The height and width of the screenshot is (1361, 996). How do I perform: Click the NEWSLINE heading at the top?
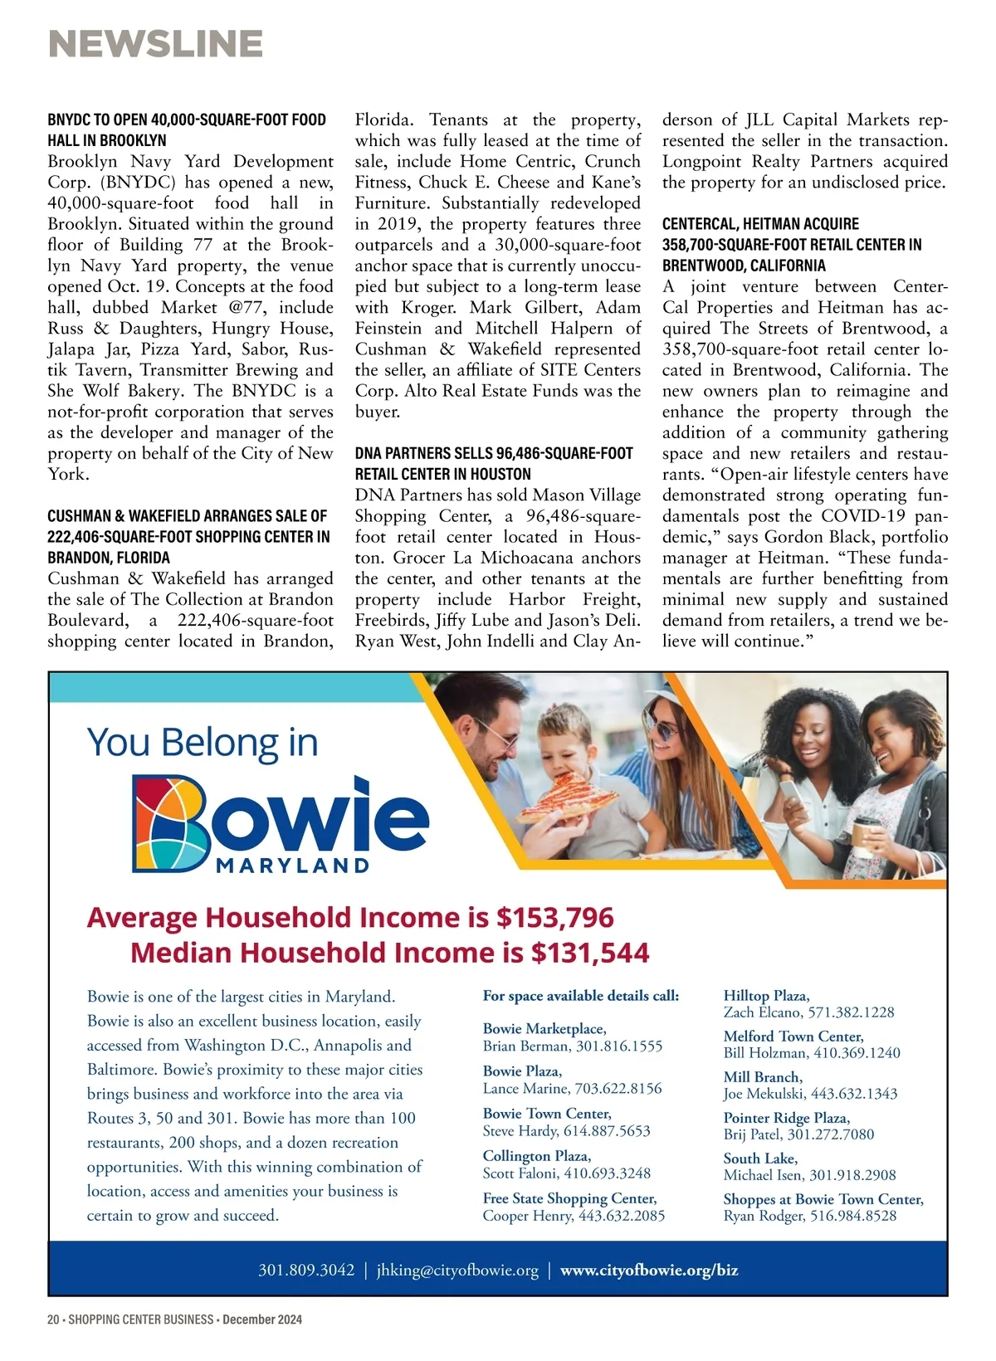coord(156,44)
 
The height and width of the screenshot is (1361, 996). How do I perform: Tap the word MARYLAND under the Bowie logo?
coord(292,866)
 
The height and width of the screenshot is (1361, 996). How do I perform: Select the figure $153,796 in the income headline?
coord(554,917)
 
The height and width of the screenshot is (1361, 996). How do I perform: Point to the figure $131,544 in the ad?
coord(590,953)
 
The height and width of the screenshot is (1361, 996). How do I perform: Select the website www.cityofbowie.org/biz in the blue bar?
coord(649,1270)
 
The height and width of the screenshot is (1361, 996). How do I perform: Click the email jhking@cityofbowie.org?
coord(457,1270)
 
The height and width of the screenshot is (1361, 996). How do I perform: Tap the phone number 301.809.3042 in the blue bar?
coord(306,1270)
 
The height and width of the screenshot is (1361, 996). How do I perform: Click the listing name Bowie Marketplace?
coord(544,1029)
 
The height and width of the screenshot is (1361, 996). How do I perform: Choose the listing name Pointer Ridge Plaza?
coord(786,1118)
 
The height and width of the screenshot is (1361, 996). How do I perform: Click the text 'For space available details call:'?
coord(581,995)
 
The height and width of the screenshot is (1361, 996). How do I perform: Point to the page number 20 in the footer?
coord(54,1320)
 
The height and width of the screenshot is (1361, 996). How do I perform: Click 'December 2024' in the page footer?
coord(262,1320)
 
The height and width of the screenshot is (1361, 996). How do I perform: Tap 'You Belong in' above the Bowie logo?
coord(203,742)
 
